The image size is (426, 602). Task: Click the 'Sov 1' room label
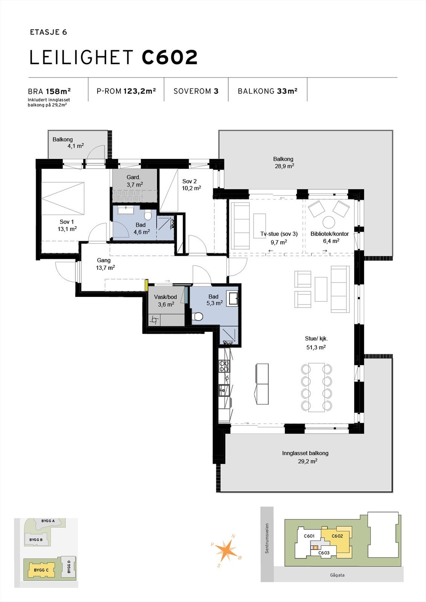click(67, 222)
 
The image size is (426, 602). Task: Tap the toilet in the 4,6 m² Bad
click(148, 216)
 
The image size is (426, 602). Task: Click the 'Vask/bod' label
click(165, 297)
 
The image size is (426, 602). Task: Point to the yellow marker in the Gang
click(146, 285)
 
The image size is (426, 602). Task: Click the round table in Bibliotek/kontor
click(329, 222)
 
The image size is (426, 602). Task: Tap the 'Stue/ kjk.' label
click(316, 338)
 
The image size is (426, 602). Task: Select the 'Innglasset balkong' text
click(305, 453)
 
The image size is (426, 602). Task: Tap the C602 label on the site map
click(337, 536)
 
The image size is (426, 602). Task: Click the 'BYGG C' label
click(41, 570)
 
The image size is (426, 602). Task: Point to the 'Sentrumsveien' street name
click(267, 538)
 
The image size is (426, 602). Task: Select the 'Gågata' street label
click(337, 575)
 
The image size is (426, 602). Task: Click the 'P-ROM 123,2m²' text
click(126, 91)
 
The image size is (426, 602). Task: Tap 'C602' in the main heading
click(169, 58)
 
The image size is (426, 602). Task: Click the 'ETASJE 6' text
click(48, 32)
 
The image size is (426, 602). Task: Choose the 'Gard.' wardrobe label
click(133, 177)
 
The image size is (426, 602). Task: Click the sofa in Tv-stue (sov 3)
click(240, 226)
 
